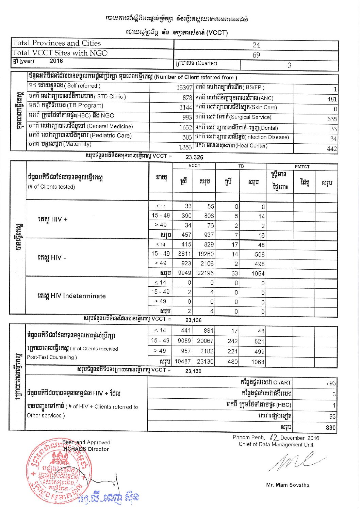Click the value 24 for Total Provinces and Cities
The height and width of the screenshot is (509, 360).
(256, 45)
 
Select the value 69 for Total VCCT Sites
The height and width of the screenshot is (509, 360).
(256, 55)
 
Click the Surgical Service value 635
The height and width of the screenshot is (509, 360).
(332, 119)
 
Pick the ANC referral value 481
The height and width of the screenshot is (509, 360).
(332, 99)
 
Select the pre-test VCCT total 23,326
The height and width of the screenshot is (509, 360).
(194, 157)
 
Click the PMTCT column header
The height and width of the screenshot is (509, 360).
(302, 166)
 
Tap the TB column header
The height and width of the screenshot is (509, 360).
(241, 166)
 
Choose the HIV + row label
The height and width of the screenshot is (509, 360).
(52, 219)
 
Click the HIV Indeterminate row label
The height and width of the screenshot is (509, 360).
(71, 296)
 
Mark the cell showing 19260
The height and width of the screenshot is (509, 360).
(206, 254)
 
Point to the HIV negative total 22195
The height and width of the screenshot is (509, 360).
(205, 273)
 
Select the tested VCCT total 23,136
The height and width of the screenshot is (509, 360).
(193, 320)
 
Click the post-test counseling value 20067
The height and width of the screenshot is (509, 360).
(205, 341)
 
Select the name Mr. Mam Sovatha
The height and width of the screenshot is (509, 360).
(288, 485)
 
